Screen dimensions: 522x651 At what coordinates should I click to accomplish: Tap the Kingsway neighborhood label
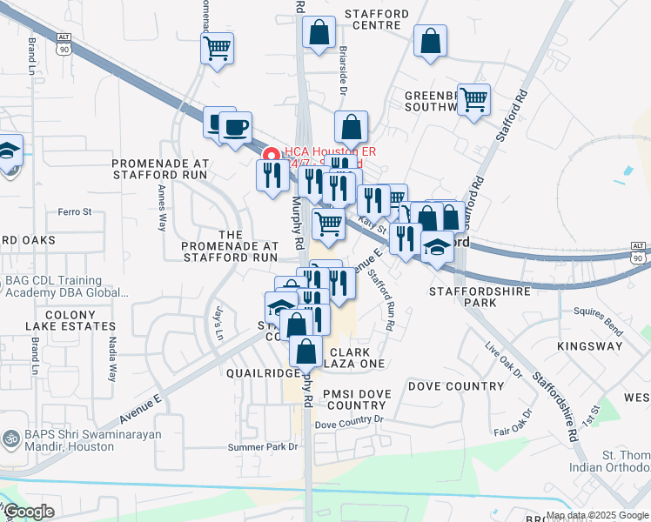pyautogui.click(x=595, y=346)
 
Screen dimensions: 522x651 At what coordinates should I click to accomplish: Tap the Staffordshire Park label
pyautogui.click(x=474, y=295)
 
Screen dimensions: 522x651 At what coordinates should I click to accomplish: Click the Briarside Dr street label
pyautogui.click(x=343, y=71)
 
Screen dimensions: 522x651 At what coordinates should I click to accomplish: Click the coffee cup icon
pyautogui.click(x=235, y=128)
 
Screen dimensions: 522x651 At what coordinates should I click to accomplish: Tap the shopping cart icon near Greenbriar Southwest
pyautogui.click(x=473, y=100)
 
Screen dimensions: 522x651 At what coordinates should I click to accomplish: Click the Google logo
pyautogui.click(x=29, y=512)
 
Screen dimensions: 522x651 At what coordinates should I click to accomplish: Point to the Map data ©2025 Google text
pyautogui.click(x=596, y=515)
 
